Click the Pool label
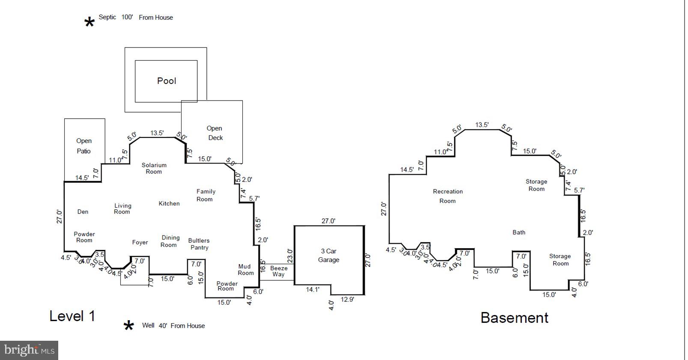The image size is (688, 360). pos(167,81)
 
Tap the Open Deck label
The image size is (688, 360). pos(215,133)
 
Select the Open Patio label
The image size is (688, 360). pos(84,146)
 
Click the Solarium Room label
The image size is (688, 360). pos(154,168)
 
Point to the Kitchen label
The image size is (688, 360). pos(169,204)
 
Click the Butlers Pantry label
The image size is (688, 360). pos(199,244)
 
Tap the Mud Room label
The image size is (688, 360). pos(245,270)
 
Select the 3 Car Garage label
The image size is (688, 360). pos(328,256)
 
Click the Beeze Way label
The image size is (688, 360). pos(278,271)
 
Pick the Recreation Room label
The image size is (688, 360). pos(448,196)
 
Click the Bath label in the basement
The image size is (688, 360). pos(519,232)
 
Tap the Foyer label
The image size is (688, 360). pos(140,243)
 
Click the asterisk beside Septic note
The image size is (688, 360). pos(89,23)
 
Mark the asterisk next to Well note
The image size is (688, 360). pos(128,327)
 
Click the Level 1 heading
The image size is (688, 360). pos(72,316)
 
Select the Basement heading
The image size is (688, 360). pos(514,318)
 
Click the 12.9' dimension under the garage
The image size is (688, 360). pos(347,300)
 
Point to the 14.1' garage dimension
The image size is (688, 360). pos(313,290)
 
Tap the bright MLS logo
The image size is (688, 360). pos(29,350)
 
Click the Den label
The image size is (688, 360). pos(83,212)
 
